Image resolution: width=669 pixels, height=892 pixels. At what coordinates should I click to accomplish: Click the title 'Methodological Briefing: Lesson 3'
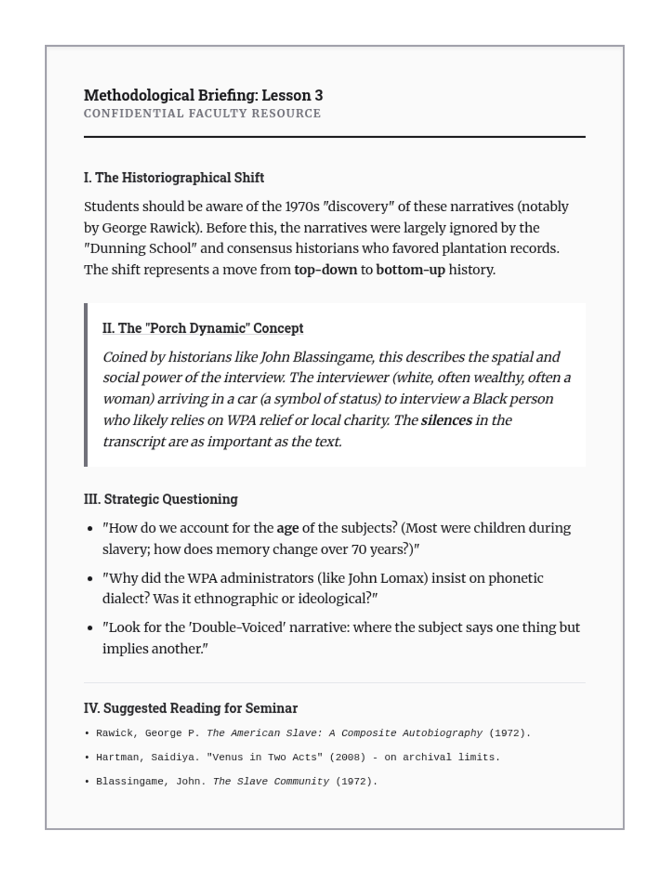coord(203,95)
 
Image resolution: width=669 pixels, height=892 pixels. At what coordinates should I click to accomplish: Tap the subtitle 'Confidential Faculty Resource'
coord(202,114)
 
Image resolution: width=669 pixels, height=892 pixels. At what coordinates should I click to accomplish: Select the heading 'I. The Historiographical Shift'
coord(173,178)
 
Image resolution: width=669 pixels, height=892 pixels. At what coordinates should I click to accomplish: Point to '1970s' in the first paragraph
coord(302,207)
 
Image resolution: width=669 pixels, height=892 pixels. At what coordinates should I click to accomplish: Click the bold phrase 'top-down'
coord(325,270)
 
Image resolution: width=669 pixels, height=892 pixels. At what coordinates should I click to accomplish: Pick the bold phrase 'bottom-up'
coord(410,270)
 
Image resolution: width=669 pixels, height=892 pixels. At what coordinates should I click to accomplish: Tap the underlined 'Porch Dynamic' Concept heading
coord(202,328)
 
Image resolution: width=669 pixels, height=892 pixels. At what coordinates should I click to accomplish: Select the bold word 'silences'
coord(446,420)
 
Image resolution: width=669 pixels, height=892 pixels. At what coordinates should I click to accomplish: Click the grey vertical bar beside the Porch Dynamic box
coord(86,385)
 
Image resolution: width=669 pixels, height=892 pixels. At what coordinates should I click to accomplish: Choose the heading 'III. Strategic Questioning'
coord(161,499)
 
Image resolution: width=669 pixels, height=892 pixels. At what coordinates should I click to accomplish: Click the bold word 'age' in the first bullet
coord(288,528)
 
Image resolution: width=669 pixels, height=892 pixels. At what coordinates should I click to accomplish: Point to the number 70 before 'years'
coord(358,550)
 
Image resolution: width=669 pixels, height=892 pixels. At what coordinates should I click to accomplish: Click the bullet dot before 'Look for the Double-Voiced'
coord(90,628)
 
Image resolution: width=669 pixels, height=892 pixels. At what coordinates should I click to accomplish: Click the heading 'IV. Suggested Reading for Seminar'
coord(191,708)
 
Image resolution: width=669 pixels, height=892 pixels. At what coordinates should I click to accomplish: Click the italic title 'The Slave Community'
coord(271,782)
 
